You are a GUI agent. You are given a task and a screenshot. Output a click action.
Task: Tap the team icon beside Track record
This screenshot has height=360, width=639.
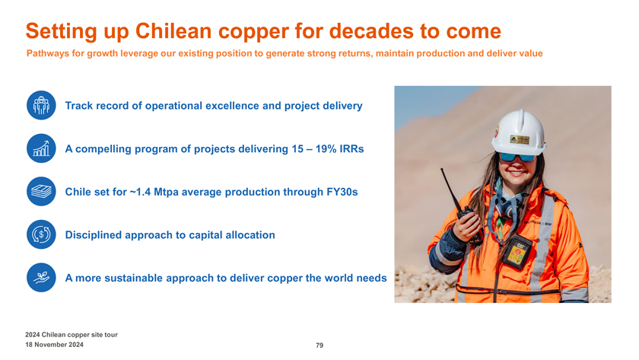click(x=41, y=105)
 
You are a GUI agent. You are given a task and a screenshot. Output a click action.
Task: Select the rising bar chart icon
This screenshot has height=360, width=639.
click(x=41, y=148)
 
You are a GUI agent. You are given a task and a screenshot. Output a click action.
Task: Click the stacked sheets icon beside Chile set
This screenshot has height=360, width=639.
click(x=41, y=191)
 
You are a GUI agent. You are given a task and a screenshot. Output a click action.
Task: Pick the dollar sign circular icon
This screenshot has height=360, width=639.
click(x=41, y=234)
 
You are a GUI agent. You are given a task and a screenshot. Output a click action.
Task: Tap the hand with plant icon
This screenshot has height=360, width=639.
click(x=41, y=278)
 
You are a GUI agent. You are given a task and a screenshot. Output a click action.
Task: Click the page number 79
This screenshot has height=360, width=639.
click(x=319, y=346)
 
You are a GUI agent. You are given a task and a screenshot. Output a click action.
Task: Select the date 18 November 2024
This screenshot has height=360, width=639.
click(x=54, y=345)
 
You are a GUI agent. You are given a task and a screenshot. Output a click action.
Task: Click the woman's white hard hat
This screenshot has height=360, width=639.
click(x=518, y=132)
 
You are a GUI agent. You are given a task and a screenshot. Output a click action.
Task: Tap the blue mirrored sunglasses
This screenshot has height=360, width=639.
click(x=517, y=157)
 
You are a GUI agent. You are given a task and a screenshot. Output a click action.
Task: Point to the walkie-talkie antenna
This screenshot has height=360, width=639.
click(x=450, y=189)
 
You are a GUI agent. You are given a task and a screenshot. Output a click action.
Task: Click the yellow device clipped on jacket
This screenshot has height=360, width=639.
click(x=517, y=253)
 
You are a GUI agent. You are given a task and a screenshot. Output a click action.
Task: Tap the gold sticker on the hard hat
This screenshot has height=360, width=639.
click(x=520, y=139)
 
